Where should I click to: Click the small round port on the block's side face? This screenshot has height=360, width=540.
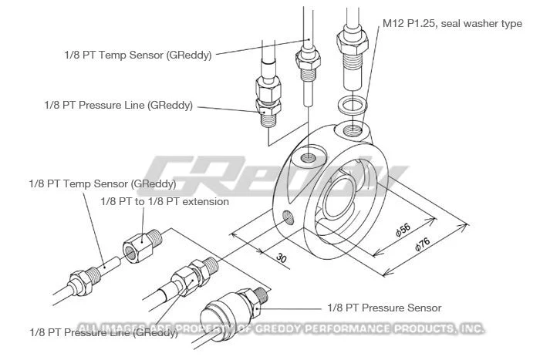pyautogui.click(x=289, y=216)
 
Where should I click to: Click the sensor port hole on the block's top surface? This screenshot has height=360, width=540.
pyautogui.click(x=309, y=157)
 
